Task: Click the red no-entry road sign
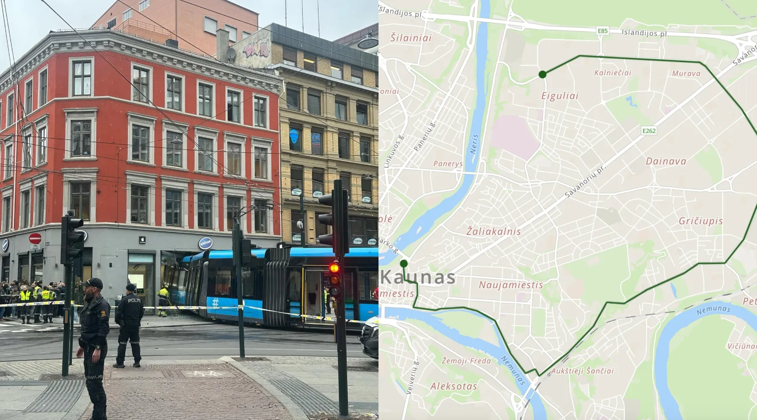(35, 239)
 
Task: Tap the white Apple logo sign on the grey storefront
(142, 240)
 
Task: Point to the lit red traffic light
(334, 268)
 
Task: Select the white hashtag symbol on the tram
(215, 302)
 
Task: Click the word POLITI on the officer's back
(134, 300)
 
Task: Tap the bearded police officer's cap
(93, 283)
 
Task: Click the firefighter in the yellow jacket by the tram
(163, 299)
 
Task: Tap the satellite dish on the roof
(231, 53)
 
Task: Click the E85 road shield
(603, 31)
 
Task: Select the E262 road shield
(649, 131)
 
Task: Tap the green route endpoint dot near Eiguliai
(543, 74)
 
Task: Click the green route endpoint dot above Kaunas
(404, 264)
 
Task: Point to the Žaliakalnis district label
(493, 231)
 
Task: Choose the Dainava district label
(666, 161)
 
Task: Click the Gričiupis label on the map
(701, 221)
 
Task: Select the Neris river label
(474, 144)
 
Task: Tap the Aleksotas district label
(453, 386)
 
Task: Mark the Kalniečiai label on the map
(612, 73)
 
